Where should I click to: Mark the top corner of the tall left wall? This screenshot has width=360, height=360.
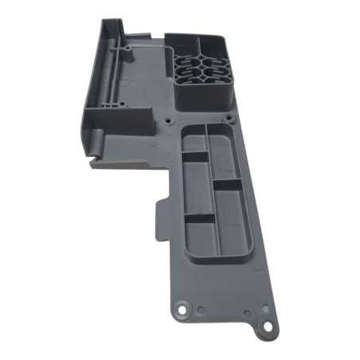[103, 18]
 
